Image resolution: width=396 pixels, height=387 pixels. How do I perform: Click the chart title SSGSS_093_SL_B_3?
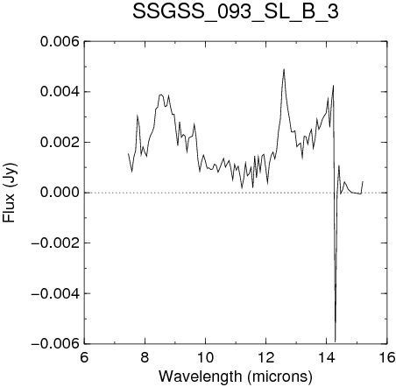click(236, 12)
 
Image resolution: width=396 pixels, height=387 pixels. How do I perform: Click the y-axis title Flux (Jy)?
click(10, 193)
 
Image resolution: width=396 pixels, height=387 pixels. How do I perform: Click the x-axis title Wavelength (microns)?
click(236, 376)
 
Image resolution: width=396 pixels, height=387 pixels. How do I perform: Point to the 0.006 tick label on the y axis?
click(60, 42)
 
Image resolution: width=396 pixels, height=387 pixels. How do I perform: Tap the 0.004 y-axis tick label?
click(60, 92)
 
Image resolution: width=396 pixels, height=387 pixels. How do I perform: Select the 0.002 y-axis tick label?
click(60, 143)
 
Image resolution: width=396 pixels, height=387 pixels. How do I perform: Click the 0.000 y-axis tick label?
click(60, 193)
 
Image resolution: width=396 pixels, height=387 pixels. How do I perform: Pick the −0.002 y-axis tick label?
click(55, 243)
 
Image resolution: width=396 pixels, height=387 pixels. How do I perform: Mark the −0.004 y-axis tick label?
click(55, 293)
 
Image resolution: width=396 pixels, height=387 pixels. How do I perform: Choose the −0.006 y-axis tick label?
click(55, 343)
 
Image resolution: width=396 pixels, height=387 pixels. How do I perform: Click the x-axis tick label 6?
click(84, 357)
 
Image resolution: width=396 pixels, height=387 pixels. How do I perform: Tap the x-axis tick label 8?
click(145, 357)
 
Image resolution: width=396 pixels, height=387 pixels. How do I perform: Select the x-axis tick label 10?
click(205, 357)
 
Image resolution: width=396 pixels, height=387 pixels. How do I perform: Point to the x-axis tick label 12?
click(266, 357)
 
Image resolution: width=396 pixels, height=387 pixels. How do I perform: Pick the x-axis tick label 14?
click(327, 357)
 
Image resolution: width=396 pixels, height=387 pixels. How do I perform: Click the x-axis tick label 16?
click(387, 357)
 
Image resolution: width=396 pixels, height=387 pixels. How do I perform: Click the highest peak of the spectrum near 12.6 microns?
click(284, 69)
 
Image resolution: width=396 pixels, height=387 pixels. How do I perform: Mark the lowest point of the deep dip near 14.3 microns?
click(336, 341)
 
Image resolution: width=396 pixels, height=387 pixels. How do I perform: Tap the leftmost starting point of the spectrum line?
click(128, 153)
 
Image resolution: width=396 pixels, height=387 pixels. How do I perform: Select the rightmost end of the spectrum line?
click(363, 181)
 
